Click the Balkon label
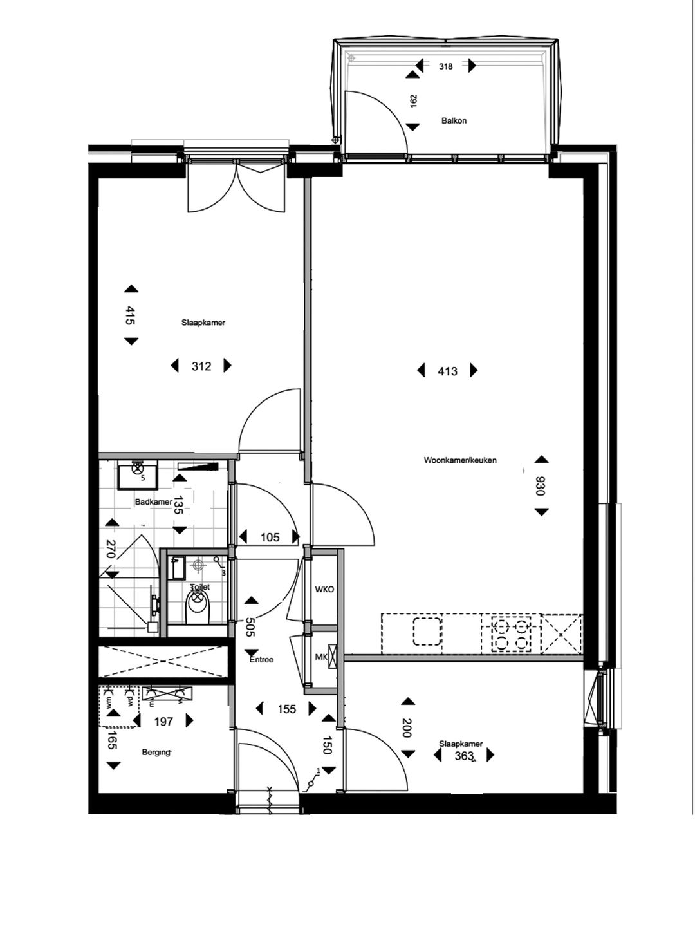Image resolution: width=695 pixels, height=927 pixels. pos(454,120)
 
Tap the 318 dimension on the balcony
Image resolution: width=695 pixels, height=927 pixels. pos(445,66)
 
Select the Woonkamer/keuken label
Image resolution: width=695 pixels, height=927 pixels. pos(460,460)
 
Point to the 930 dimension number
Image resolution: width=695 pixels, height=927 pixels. pos(541,486)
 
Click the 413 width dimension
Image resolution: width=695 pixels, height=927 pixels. pos(447,371)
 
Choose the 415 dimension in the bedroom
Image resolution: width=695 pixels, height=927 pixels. pos(131,315)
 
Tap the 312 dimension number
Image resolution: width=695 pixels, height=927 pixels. pos(201,366)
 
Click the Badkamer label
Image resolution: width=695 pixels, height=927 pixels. pos(153,502)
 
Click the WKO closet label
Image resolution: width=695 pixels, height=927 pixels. pos(324,590)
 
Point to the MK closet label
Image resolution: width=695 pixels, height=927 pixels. pos(320,657)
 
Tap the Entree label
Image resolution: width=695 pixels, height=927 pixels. pos(262,659)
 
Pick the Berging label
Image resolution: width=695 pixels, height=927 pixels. pos(156,752)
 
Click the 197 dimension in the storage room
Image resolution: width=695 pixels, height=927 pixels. pos(163,722)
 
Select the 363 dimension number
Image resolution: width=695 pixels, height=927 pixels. pos(464,756)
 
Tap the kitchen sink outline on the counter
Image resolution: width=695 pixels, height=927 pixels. pos(427,631)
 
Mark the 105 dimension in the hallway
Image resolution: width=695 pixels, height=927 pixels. pos(270,537)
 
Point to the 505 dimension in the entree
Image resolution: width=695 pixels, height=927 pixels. pos(251,627)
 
